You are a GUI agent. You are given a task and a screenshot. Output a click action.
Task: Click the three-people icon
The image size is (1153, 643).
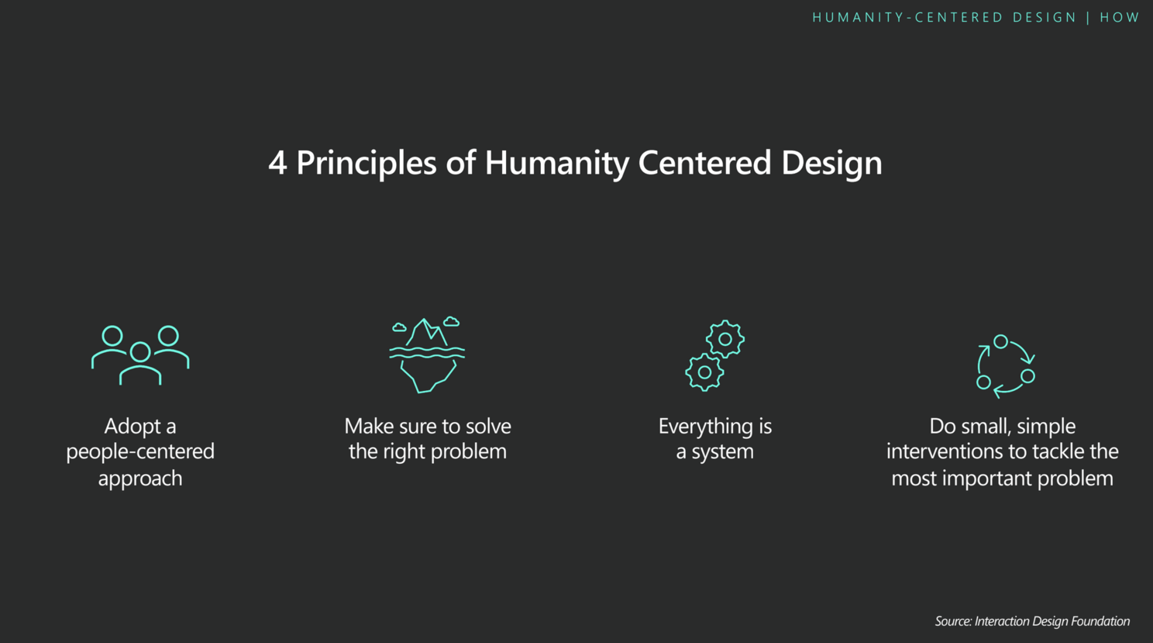coord(140,354)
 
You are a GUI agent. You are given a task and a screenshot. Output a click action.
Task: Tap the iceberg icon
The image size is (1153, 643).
coord(427,355)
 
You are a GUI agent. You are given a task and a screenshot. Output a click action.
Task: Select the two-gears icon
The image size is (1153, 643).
coord(715,355)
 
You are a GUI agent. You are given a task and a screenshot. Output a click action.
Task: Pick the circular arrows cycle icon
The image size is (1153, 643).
coord(1005,366)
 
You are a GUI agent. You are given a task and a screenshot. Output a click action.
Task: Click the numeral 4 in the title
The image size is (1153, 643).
coord(277,163)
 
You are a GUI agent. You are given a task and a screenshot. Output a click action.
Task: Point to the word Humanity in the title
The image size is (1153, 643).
coord(557,164)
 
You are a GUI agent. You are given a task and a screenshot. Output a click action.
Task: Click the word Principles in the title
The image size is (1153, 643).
coord(367,164)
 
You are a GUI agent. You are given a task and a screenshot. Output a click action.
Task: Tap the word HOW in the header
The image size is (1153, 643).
coord(1119,18)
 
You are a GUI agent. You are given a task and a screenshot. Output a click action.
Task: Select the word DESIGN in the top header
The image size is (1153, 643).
coord(1045,18)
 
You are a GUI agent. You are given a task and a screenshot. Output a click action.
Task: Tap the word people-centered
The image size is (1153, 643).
coord(140,452)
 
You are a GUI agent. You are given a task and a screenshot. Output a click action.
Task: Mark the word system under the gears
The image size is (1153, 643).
coord(723,452)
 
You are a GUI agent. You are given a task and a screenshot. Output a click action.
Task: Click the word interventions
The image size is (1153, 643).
coord(945,452)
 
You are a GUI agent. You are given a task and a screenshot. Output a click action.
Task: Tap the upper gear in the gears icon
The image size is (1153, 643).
coord(725,340)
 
